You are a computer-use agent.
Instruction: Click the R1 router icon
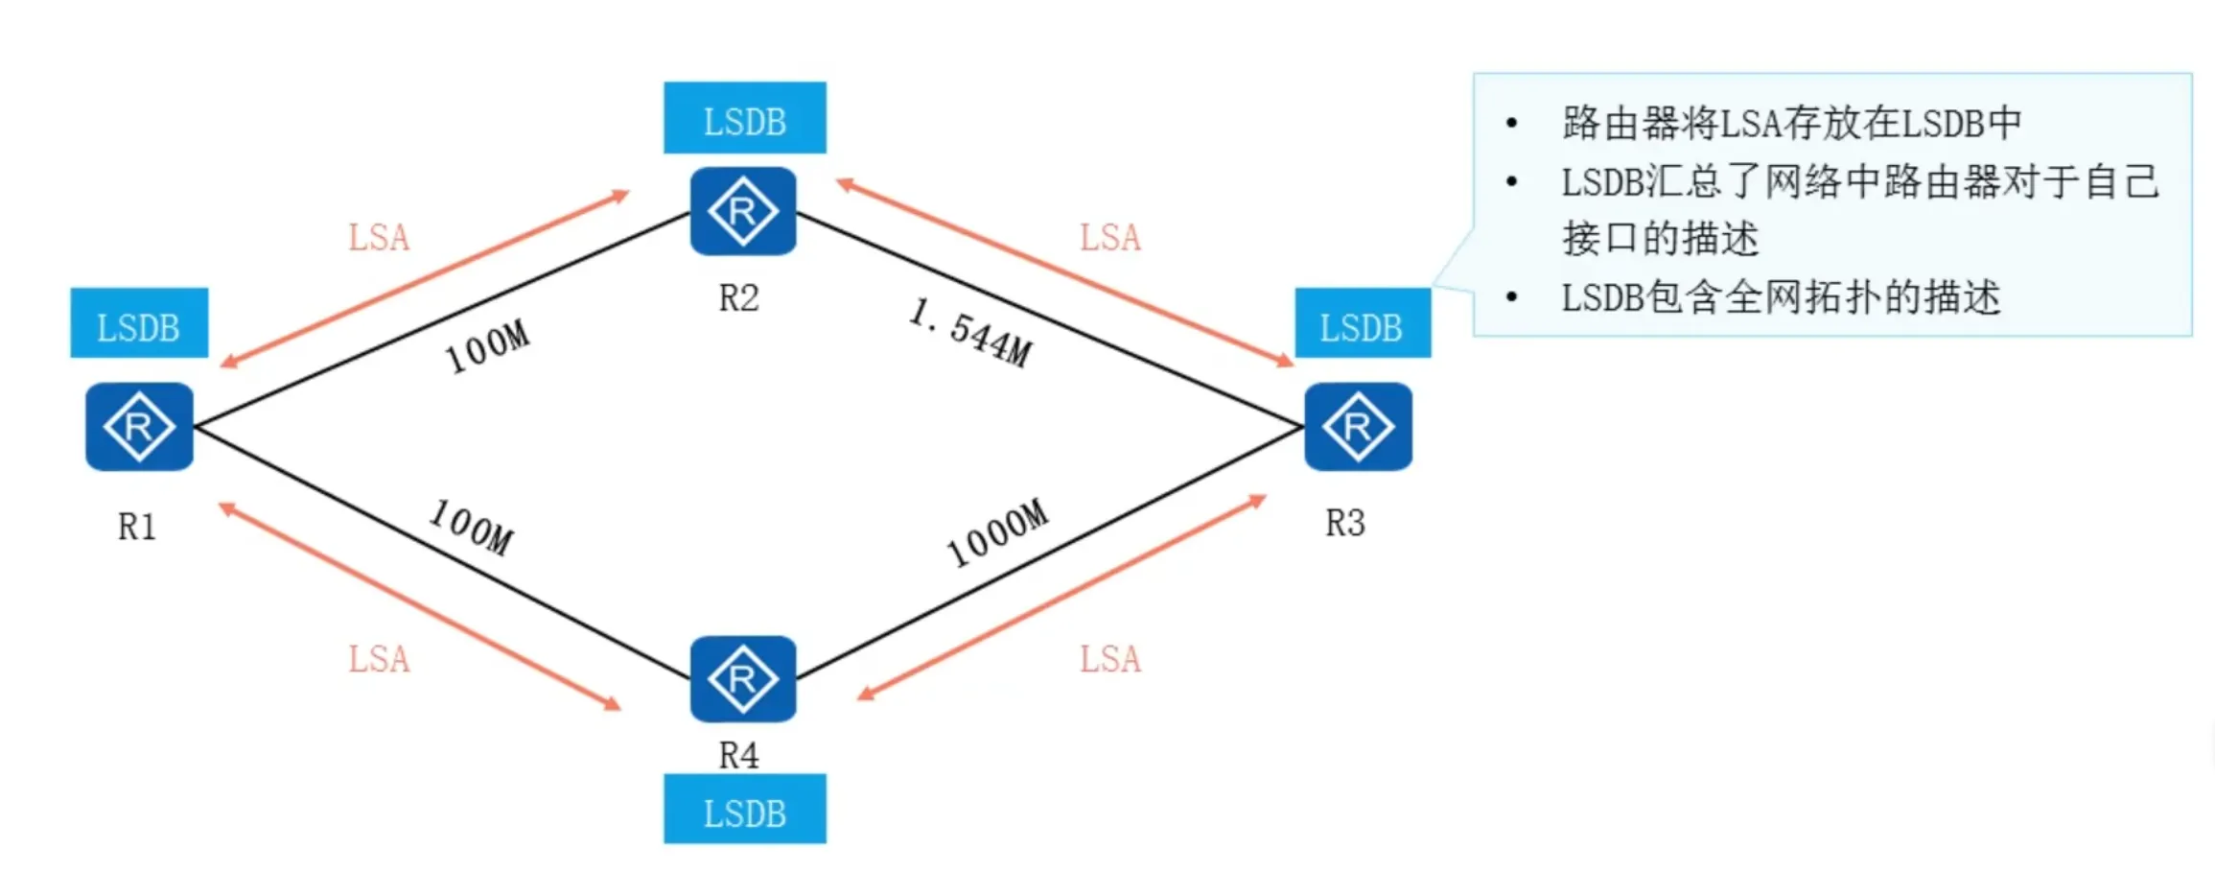point(139,427)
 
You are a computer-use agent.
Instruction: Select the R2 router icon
point(743,211)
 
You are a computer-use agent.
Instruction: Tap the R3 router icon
point(1358,427)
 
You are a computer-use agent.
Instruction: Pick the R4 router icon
point(743,679)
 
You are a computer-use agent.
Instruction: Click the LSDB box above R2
point(745,119)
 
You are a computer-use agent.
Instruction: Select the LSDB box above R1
point(139,324)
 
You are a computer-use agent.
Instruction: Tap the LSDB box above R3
point(1363,324)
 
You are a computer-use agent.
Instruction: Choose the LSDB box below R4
point(745,811)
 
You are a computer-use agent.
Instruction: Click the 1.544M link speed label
point(970,333)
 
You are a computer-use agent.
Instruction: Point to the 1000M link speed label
point(997,533)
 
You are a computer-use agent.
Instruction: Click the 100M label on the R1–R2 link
point(487,346)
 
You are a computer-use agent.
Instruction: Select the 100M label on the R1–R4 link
point(471,527)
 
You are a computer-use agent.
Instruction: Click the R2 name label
point(739,298)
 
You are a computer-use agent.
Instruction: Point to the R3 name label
point(1345,524)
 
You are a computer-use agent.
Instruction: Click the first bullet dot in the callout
point(1512,123)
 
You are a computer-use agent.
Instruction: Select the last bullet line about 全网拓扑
point(1781,298)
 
